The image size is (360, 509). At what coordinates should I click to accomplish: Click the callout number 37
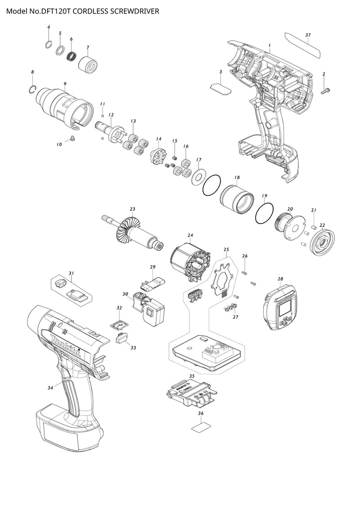tap(308, 35)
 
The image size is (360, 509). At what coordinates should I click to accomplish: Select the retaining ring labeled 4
tap(49, 44)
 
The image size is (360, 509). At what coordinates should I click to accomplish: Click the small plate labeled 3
tap(220, 87)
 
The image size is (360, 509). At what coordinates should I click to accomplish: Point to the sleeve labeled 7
tap(89, 64)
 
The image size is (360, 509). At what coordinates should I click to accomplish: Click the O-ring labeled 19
tap(264, 212)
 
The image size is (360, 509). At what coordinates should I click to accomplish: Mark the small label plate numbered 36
tap(200, 427)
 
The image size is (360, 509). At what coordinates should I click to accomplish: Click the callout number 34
tap(50, 387)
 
